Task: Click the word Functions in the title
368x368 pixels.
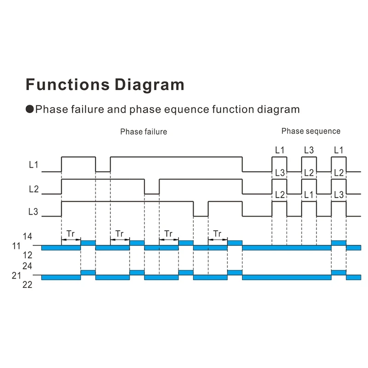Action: point(68,84)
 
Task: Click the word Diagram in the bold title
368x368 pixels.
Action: point(149,85)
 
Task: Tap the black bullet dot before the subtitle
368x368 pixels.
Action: point(30,109)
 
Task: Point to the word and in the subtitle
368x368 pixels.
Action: point(117,109)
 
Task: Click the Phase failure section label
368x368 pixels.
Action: point(144,132)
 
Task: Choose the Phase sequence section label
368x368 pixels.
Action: point(311,131)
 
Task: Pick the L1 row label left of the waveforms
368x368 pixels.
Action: point(34,165)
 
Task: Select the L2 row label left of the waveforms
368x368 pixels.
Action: point(34,189)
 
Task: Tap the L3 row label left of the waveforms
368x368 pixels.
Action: point(33,212)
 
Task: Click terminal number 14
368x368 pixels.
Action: point(28,236)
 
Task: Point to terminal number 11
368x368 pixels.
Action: point(17,246)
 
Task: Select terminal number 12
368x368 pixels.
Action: point(28,255)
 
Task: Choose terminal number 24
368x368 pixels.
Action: point(28,266)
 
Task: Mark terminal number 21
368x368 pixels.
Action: point(17,276)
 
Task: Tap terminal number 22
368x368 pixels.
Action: point(28,285)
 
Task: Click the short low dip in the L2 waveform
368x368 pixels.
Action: point(152,194)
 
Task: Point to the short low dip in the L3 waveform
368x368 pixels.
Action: point(201,216)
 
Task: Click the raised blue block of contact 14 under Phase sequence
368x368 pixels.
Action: point(339,243)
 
